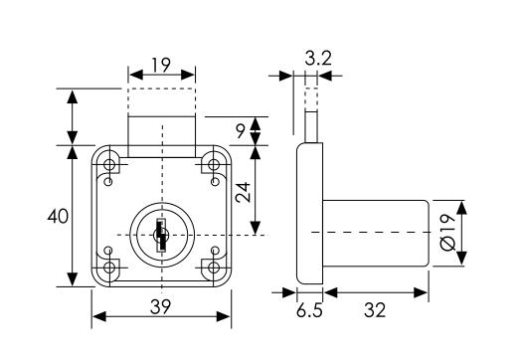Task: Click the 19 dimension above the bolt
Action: (161, 65)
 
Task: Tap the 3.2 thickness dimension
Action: (318, 59)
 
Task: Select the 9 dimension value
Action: (241, 131)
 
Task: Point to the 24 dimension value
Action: (243, 192)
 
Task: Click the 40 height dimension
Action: (58, 217)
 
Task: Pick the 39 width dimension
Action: (160, 307)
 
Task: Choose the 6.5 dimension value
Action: (309, 311)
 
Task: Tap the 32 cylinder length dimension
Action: (375, 311)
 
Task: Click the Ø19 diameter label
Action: (447, 233)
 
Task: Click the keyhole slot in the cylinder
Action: (161, 236)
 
